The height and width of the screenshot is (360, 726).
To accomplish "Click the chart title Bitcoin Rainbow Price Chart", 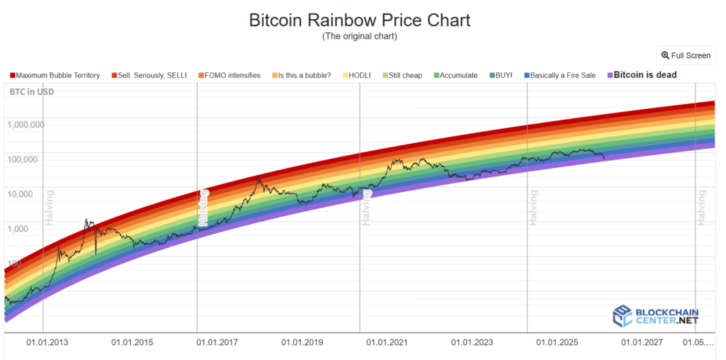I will click(359, 20).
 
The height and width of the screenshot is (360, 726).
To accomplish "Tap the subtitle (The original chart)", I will click(359, 36).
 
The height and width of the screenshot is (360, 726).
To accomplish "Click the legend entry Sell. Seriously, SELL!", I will click(151, 75).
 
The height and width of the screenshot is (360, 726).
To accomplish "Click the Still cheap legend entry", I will click(402, 75).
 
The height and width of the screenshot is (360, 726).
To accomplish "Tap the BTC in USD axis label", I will click(31, 92).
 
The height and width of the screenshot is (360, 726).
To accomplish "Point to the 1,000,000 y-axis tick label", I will click(26, 125).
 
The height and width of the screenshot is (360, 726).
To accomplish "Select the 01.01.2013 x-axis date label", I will click(48, 343).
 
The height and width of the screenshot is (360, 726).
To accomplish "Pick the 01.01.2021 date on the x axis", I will click(388, 343).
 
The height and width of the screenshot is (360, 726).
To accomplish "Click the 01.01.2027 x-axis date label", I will click(642, 343).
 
